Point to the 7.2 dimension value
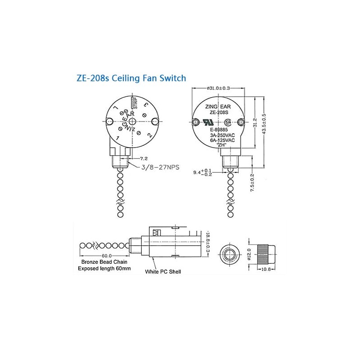click(144, 158)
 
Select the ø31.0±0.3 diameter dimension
click(219, 88)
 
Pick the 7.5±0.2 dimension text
click(252, 184)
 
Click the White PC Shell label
click(163, 272)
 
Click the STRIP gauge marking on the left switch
click(134, 103)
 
